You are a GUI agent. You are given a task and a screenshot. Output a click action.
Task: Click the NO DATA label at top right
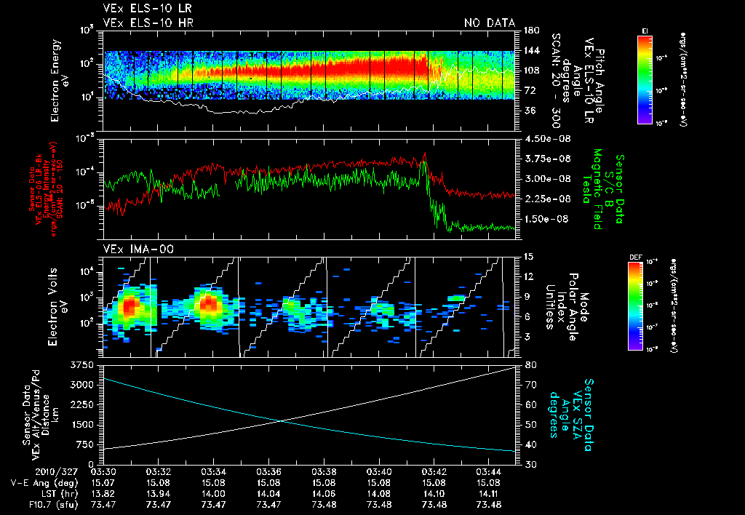(x=490, y=23)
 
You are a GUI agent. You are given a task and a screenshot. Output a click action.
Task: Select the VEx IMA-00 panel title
(x=132, y=249)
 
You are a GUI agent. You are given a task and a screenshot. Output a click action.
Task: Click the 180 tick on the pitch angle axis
(x=530, y=31)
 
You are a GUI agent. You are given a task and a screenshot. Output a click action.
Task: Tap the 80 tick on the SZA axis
(x=529, y=364)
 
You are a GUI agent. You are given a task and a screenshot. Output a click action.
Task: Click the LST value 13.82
(x=103, y=492)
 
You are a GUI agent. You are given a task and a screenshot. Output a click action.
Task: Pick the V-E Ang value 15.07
(x=103, y=482)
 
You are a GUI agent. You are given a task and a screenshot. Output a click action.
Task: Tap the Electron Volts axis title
(x=55, y=301)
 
